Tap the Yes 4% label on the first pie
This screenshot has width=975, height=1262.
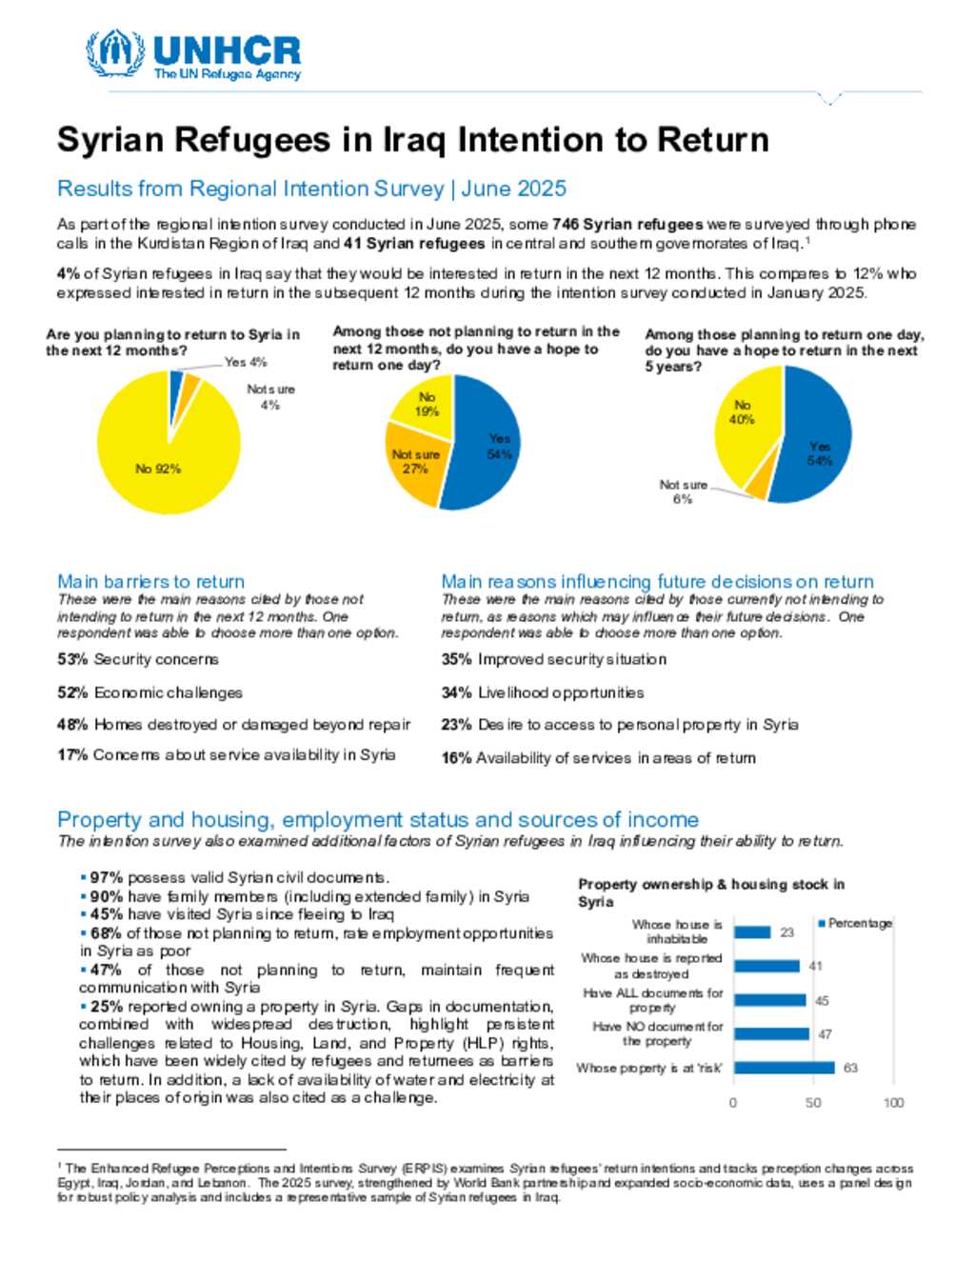pyautogui.click(x=246, y=362)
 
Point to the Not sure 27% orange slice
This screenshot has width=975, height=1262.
pyautogui.click(x=415, y=462)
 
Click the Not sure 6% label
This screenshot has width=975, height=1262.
pyautogui.click(x=683, y=491)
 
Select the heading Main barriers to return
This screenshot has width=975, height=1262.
pyautogui.click(x=150, y=581)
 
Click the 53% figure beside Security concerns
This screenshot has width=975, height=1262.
pyautogui.click(x=71, y=659)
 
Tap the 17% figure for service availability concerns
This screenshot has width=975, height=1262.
pyautogui.click(x=71, y=754)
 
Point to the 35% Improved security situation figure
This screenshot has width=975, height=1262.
pyautogui.click(x=456, y=659)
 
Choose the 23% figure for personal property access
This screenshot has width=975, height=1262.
pyautogui.click(x=456, y=725)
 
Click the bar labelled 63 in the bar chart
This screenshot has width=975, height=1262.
pyautogui.click(x=784, y=1068)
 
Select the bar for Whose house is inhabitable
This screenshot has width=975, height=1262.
pyautogui.click(x=752, y=931)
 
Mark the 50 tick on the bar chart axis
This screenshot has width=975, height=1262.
pyautogui.click(x=812, y=1102)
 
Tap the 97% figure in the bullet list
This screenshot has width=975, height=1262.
pyautogui.click(x=107, y=878)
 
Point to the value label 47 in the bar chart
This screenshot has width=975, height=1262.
pyautogui.click(x=825, y=1033)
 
